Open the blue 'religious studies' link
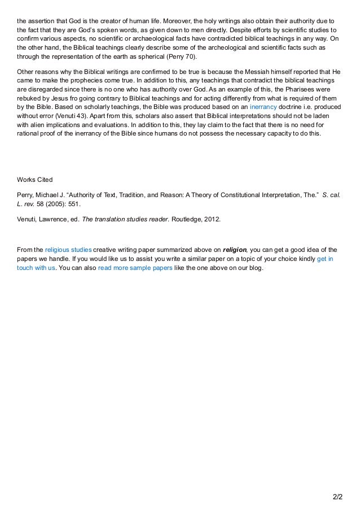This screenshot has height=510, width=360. click(68, 249)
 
